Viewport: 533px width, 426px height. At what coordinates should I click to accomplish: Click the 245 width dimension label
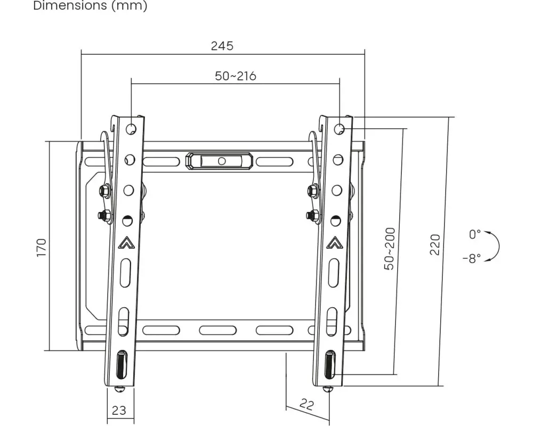[x=222, y=46]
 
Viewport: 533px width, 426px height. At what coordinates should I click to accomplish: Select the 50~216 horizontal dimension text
[x=236, y=76]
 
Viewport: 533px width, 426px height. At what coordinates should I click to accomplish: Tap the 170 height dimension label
[x=41, y=248]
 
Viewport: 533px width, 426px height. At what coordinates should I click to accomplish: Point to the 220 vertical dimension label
[x=435, y=244]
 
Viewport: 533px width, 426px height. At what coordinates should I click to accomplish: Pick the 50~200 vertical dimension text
[x=390, y=249]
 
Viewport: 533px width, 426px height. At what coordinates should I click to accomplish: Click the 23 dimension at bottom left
[x=119, y=411]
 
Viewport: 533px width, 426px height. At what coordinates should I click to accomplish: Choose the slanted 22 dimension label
[x=306, y=404]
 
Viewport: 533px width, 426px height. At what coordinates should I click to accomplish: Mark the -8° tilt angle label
[x=472, y=258]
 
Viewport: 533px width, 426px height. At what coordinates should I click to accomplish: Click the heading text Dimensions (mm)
[x=90, y=6]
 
